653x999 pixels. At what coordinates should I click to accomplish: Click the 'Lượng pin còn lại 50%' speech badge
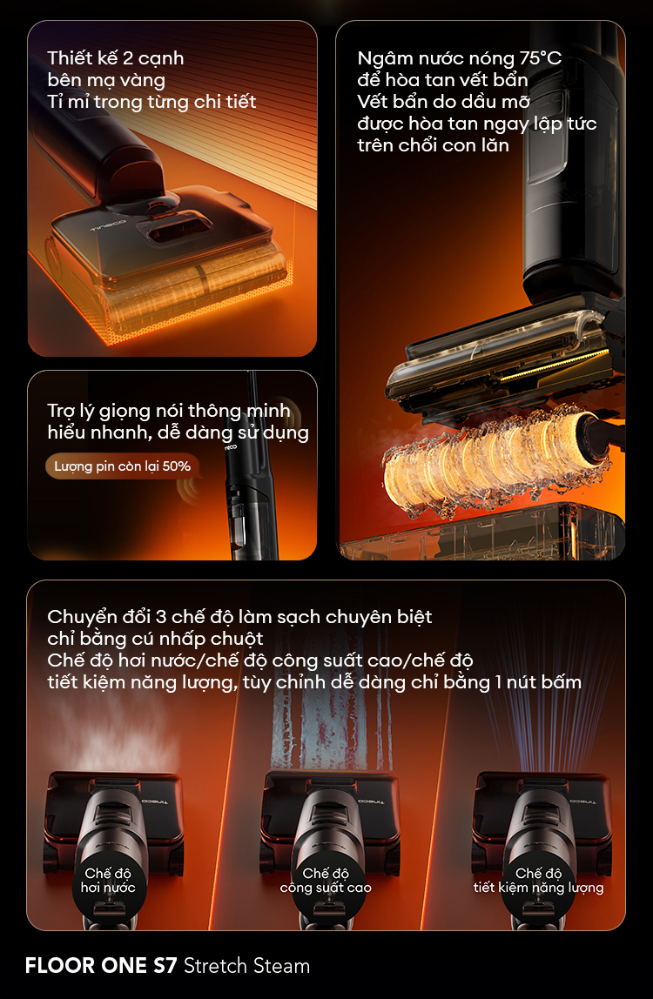pos(122,466)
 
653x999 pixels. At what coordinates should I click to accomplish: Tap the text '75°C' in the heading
pos(540,58)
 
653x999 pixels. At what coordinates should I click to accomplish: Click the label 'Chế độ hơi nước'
pos(108,880)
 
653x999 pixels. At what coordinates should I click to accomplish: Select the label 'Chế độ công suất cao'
pos(326,880)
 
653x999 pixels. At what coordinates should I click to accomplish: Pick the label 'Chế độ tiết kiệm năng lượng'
pos(538,880)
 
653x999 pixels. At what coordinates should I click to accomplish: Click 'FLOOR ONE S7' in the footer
pos(101,965)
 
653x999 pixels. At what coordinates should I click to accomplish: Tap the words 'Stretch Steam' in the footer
pos(246,965)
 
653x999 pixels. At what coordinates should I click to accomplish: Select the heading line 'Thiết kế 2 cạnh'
pos(116,58)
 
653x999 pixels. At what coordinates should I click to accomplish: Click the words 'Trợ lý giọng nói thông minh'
pos(169,411)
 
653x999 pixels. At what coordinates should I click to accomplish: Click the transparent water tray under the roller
pos(481,532)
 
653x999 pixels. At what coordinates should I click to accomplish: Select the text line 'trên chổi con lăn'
pos(433,145)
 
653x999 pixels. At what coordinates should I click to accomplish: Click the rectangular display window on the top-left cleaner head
pos(180,227)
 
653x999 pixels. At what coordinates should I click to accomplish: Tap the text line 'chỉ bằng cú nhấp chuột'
pos(155,639)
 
